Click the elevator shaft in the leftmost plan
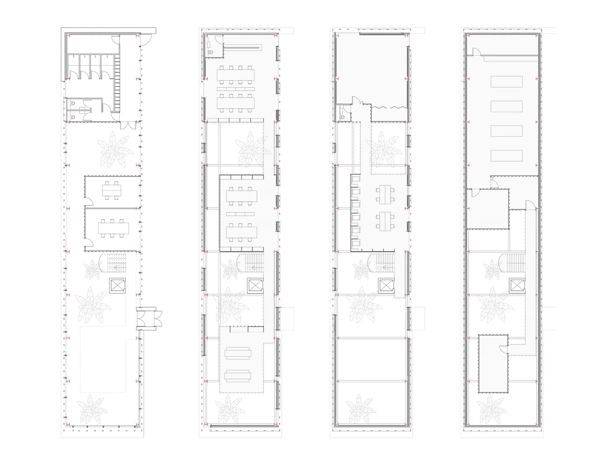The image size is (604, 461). (117, 286)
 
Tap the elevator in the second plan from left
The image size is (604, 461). (255, 286)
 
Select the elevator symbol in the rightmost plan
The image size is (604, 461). (517, 286)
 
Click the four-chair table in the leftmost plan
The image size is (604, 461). (112, 190)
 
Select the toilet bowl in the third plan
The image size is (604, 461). (343, 117)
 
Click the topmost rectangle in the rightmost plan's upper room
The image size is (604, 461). (506, 82)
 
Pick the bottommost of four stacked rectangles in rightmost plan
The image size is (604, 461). (506, 156)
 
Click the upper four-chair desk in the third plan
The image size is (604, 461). (385, 195)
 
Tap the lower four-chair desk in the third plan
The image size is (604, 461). (385, 221)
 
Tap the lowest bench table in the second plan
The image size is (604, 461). (238, 376)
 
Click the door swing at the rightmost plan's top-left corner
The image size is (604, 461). (476, 52)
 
